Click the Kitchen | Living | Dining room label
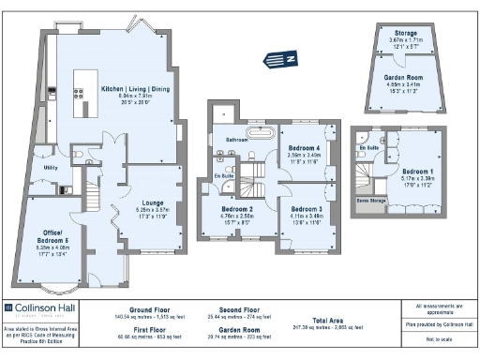(136, 89)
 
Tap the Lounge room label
(153, 202)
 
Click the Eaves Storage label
(370, 200)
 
